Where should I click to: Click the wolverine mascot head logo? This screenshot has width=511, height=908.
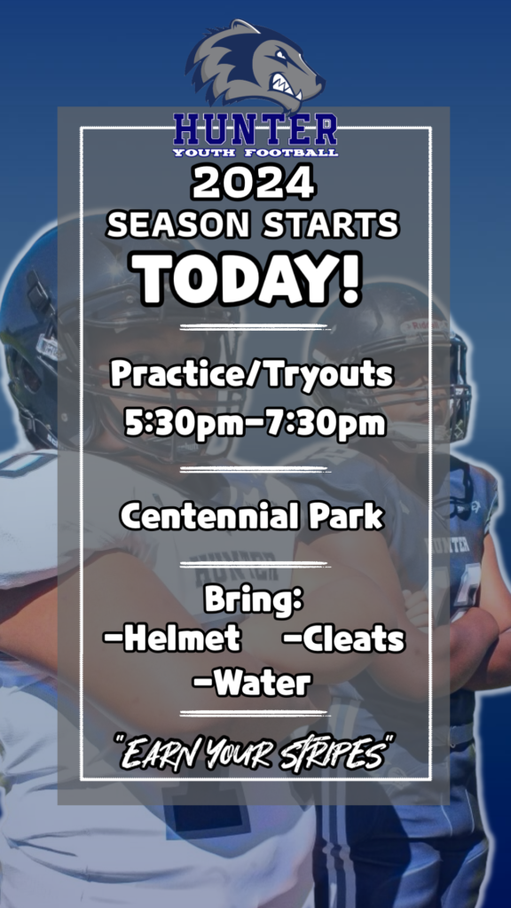pyautogui.click(x=255, y=65)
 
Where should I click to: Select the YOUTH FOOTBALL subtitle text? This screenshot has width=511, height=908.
pyautogui.click(x=255, y=153)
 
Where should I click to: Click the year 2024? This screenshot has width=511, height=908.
pyautogui.click(x=253, y=184)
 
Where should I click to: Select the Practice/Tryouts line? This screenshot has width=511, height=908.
pyautogui.click(x=252, y=375)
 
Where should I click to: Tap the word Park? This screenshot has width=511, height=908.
pyautogui.click(x=346, y=516)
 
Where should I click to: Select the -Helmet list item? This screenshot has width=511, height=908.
pyautogui.click(x=172, y=639)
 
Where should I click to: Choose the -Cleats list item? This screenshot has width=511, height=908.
pyautogui.click(x=344, y=639)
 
